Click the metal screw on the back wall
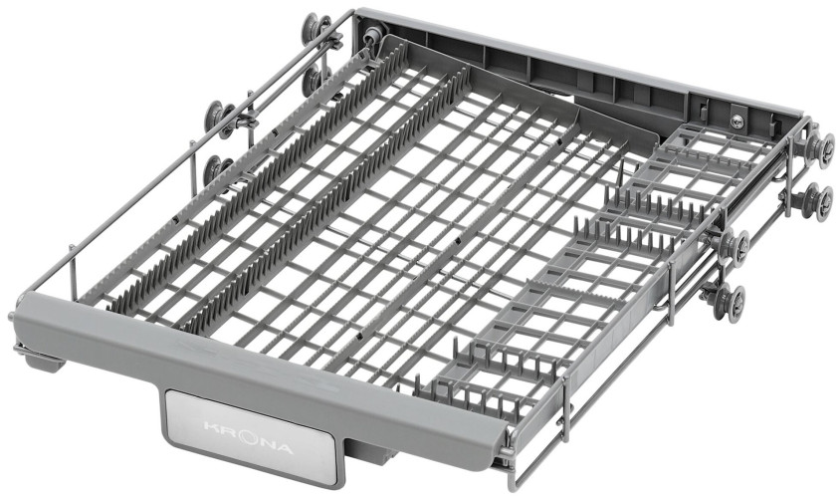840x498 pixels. pyautogui.click(x=736, y=121)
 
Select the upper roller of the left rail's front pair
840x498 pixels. pyautogui.click(x=219, y=119)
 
